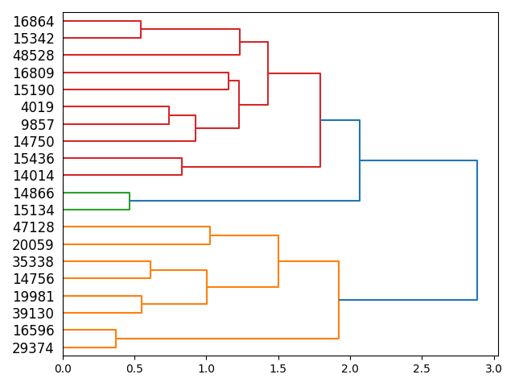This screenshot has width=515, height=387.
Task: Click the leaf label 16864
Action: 33,22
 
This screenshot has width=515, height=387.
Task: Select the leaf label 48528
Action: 33,56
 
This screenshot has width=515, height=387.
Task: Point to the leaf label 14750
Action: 33,141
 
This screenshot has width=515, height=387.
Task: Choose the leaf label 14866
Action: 33,193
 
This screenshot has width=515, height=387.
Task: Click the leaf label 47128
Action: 33,227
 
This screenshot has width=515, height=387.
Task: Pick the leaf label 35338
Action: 33,262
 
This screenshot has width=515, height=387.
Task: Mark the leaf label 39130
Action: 33,314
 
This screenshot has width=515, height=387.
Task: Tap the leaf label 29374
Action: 33,348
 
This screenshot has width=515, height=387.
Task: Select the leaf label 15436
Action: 33,159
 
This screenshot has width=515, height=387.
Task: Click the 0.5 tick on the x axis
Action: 134,368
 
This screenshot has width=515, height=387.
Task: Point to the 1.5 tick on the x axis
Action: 278,368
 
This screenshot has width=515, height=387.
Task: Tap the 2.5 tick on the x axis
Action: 422,368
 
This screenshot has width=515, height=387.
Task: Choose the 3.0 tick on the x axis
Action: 493,368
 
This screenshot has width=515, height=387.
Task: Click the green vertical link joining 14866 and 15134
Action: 130,201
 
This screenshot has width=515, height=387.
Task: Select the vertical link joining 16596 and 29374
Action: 116,339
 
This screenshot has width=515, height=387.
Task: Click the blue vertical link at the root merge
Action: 477,230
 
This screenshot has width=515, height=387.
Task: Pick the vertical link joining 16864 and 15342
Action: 141,30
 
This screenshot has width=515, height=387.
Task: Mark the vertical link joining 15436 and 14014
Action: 182,167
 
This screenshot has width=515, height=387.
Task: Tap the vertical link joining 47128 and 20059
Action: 210,235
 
